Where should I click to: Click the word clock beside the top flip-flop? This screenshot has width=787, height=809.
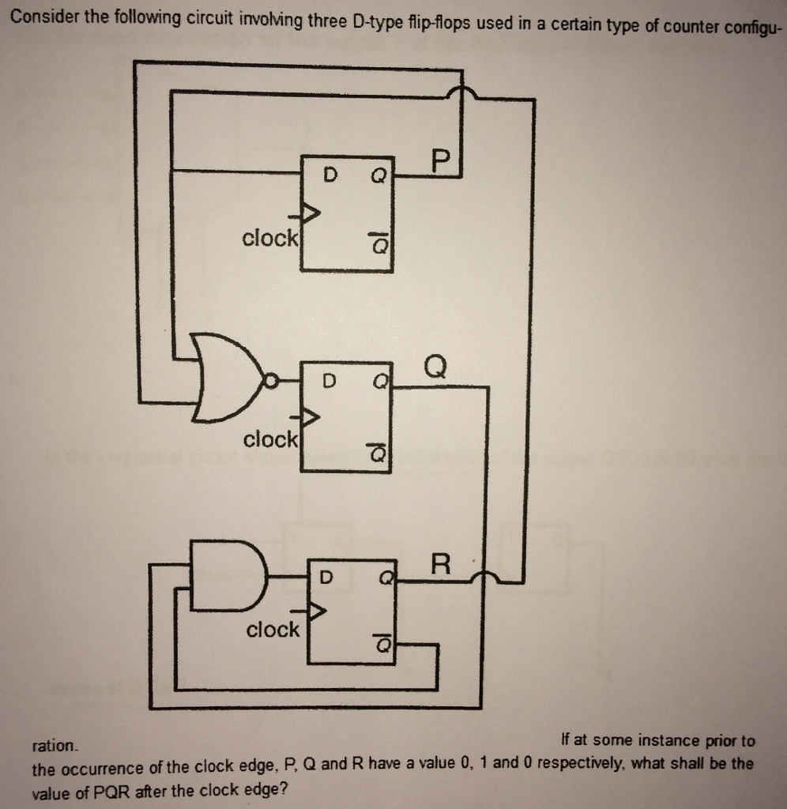coord(269,238)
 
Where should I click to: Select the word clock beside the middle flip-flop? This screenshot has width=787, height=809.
coord(270,438)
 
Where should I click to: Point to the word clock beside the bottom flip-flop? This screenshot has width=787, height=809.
coord(273,630)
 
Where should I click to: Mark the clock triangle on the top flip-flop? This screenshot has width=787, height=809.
coord(311,213)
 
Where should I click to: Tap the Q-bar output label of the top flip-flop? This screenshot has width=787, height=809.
coord(378,246)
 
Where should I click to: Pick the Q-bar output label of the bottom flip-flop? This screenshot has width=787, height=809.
coord(382,645)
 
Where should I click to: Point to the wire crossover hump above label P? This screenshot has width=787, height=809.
coord(461,94)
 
